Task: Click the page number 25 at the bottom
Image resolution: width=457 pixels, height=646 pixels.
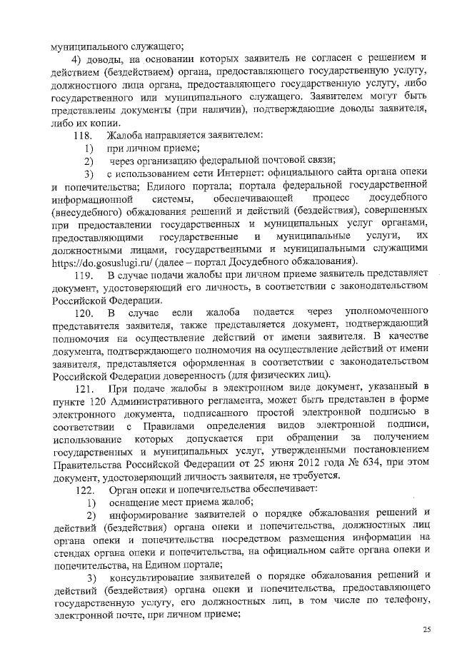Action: coord(427,629)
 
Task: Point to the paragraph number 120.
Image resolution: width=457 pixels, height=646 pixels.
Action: coord(85,313)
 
